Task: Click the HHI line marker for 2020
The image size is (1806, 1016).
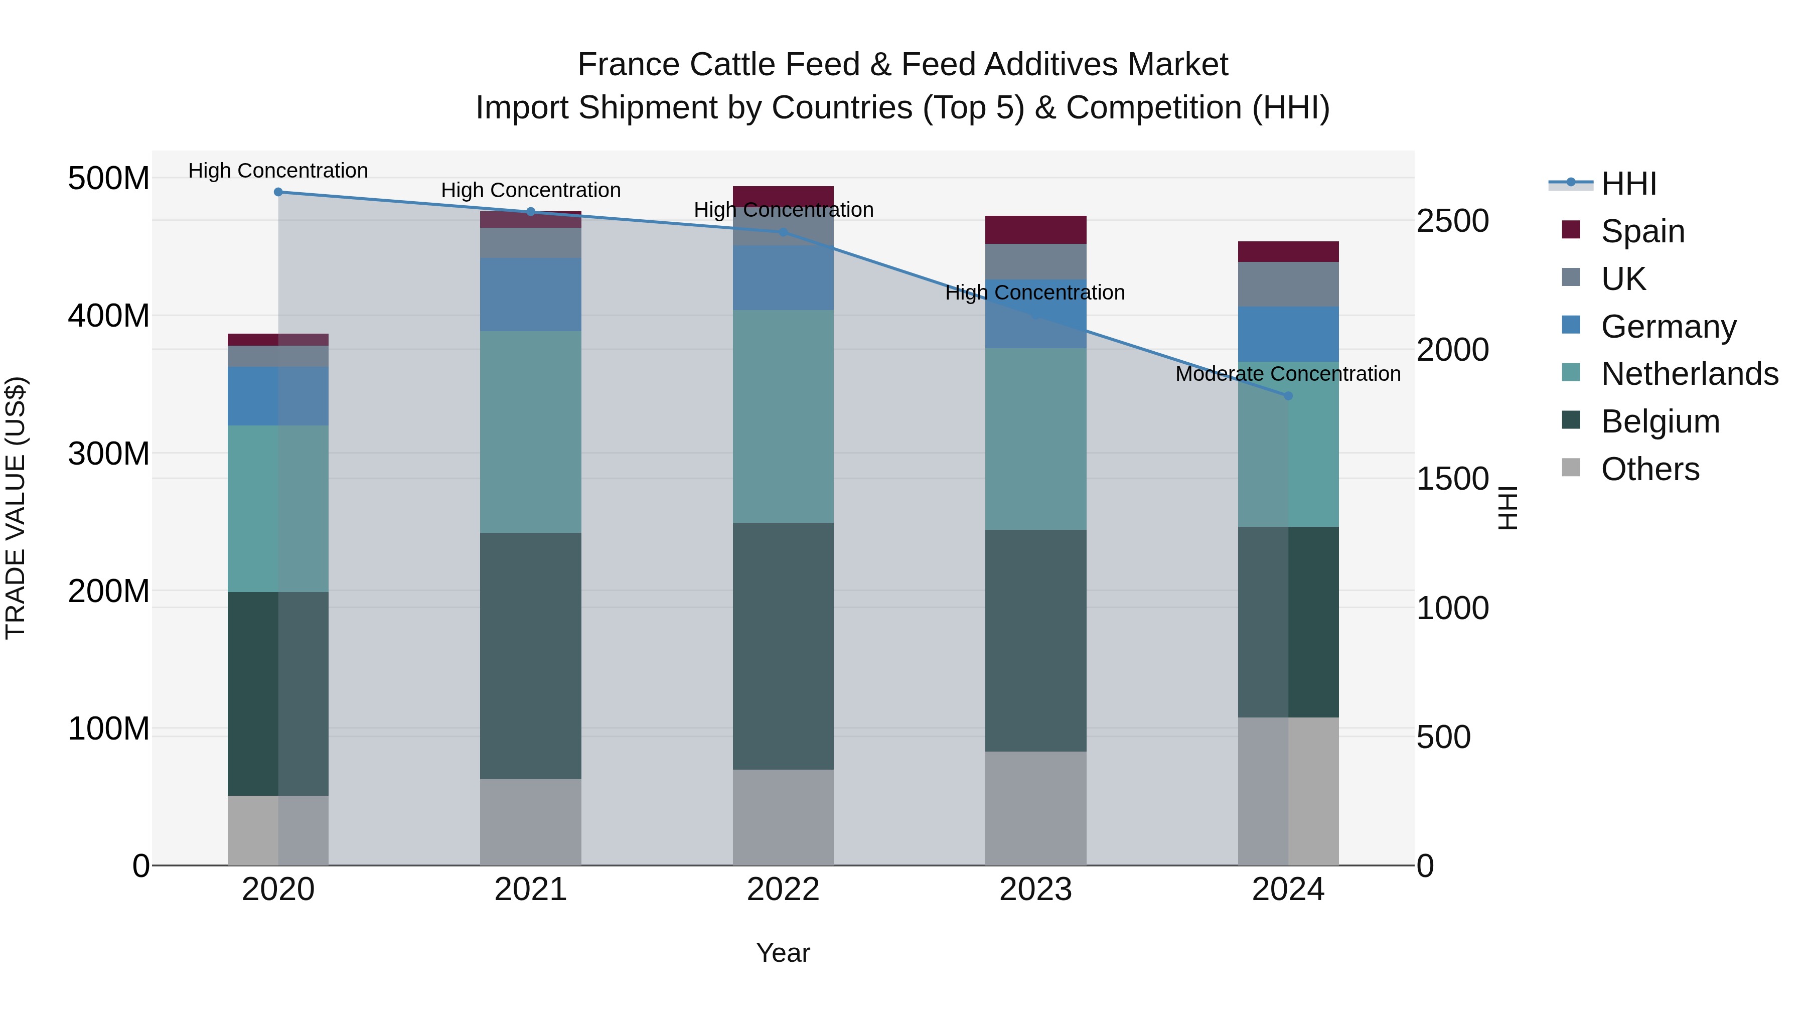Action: tap(278, 192)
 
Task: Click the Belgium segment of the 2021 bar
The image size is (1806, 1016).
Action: tap(531, 656)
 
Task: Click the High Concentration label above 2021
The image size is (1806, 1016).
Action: tap(531, 190)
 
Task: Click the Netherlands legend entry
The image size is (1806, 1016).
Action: tap(1689, 374)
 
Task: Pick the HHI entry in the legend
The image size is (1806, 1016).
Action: tap(1628, 184)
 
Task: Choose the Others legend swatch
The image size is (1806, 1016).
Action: tap(1571, 468)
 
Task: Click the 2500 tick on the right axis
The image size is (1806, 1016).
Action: tap(1452, 221)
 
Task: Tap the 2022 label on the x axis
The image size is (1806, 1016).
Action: tap(783, 890)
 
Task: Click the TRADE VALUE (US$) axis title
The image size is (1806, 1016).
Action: tap(16, 508)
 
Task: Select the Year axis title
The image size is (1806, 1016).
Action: tap(783, 953)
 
